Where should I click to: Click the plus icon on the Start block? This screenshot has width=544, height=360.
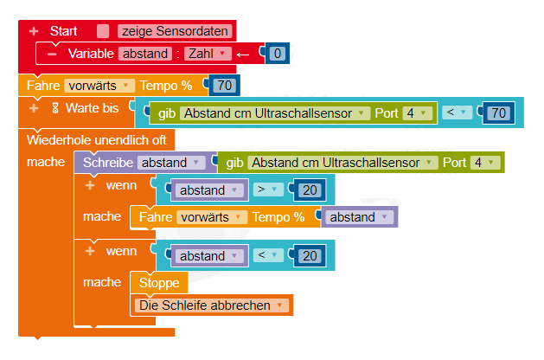pos(35,31)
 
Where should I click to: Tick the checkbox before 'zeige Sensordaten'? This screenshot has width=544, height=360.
pos(104,31)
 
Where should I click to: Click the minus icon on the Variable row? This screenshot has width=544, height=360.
pos(52,54)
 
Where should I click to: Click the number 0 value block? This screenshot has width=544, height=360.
pos(277,54)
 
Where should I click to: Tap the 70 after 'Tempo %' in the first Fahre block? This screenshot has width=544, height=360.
pos(225,86)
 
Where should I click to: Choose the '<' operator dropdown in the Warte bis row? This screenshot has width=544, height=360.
pos(458,113)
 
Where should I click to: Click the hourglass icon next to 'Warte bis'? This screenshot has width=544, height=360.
pos(55,108)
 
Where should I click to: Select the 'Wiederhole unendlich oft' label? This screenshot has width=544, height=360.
pos(97,140)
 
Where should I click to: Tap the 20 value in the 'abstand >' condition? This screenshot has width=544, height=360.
pos(308,190)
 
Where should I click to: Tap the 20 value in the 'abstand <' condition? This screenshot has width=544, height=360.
pos(308,256)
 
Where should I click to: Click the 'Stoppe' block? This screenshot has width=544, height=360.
pos(158,283)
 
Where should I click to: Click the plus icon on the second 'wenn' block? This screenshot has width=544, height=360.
pos(89,251)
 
